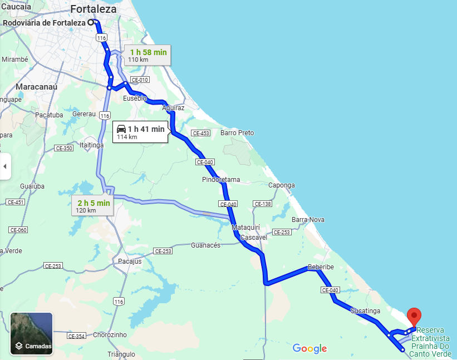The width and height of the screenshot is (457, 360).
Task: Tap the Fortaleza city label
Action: click(x=94, y=9)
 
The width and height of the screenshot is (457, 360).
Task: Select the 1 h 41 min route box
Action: click(x=140, y=132)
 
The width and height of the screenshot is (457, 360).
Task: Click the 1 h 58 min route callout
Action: click(x=147, y=55)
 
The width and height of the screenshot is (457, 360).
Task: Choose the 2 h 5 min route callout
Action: click(x=94, y=205)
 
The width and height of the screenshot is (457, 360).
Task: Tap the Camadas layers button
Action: click(x=32, y=334)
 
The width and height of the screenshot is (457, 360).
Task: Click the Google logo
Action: click(x=309, y=349)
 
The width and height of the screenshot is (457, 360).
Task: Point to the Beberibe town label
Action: click(x=321, y=267)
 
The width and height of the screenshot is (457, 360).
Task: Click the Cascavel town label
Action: click(x=255, y=237)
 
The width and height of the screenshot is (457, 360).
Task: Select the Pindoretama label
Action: click(x=221, y=180)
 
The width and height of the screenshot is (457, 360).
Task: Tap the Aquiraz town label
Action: click(x=173, y=107)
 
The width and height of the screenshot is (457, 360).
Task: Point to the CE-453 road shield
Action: click(x=200, y=133)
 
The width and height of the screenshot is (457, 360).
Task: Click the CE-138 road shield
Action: click(x=263, y=204)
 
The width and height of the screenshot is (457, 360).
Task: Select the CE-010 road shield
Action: click(x=140, y=80)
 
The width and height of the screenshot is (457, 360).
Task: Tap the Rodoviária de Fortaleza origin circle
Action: click(x=90, y=23)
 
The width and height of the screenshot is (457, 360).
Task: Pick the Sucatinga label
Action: click(x=365, y=310)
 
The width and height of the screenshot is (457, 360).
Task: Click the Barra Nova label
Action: click(x=308, y=220)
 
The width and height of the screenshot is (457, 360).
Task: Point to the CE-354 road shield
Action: click(x=76, y=336)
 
